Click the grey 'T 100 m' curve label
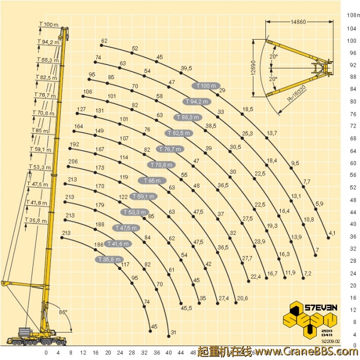(206, 86)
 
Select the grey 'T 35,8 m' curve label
(109, 259)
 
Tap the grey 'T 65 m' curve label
(152, 181)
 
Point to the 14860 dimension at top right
(298, 22)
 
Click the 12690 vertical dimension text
(253, 68)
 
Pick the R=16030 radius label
(297, 93)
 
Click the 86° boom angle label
(63, 312)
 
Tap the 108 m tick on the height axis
(353, 15)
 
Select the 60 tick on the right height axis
(353, 163)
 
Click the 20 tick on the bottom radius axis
(108, 353)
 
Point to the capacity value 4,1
(332, 233)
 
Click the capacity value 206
(73, 161)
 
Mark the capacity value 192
(74, 144)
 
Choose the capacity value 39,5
(186, 68)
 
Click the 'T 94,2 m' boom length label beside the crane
(48, 42)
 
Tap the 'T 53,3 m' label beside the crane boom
(40, 167)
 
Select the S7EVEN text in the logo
(321, 308)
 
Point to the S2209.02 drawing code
(331, 341)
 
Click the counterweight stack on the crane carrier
(25, 332)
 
